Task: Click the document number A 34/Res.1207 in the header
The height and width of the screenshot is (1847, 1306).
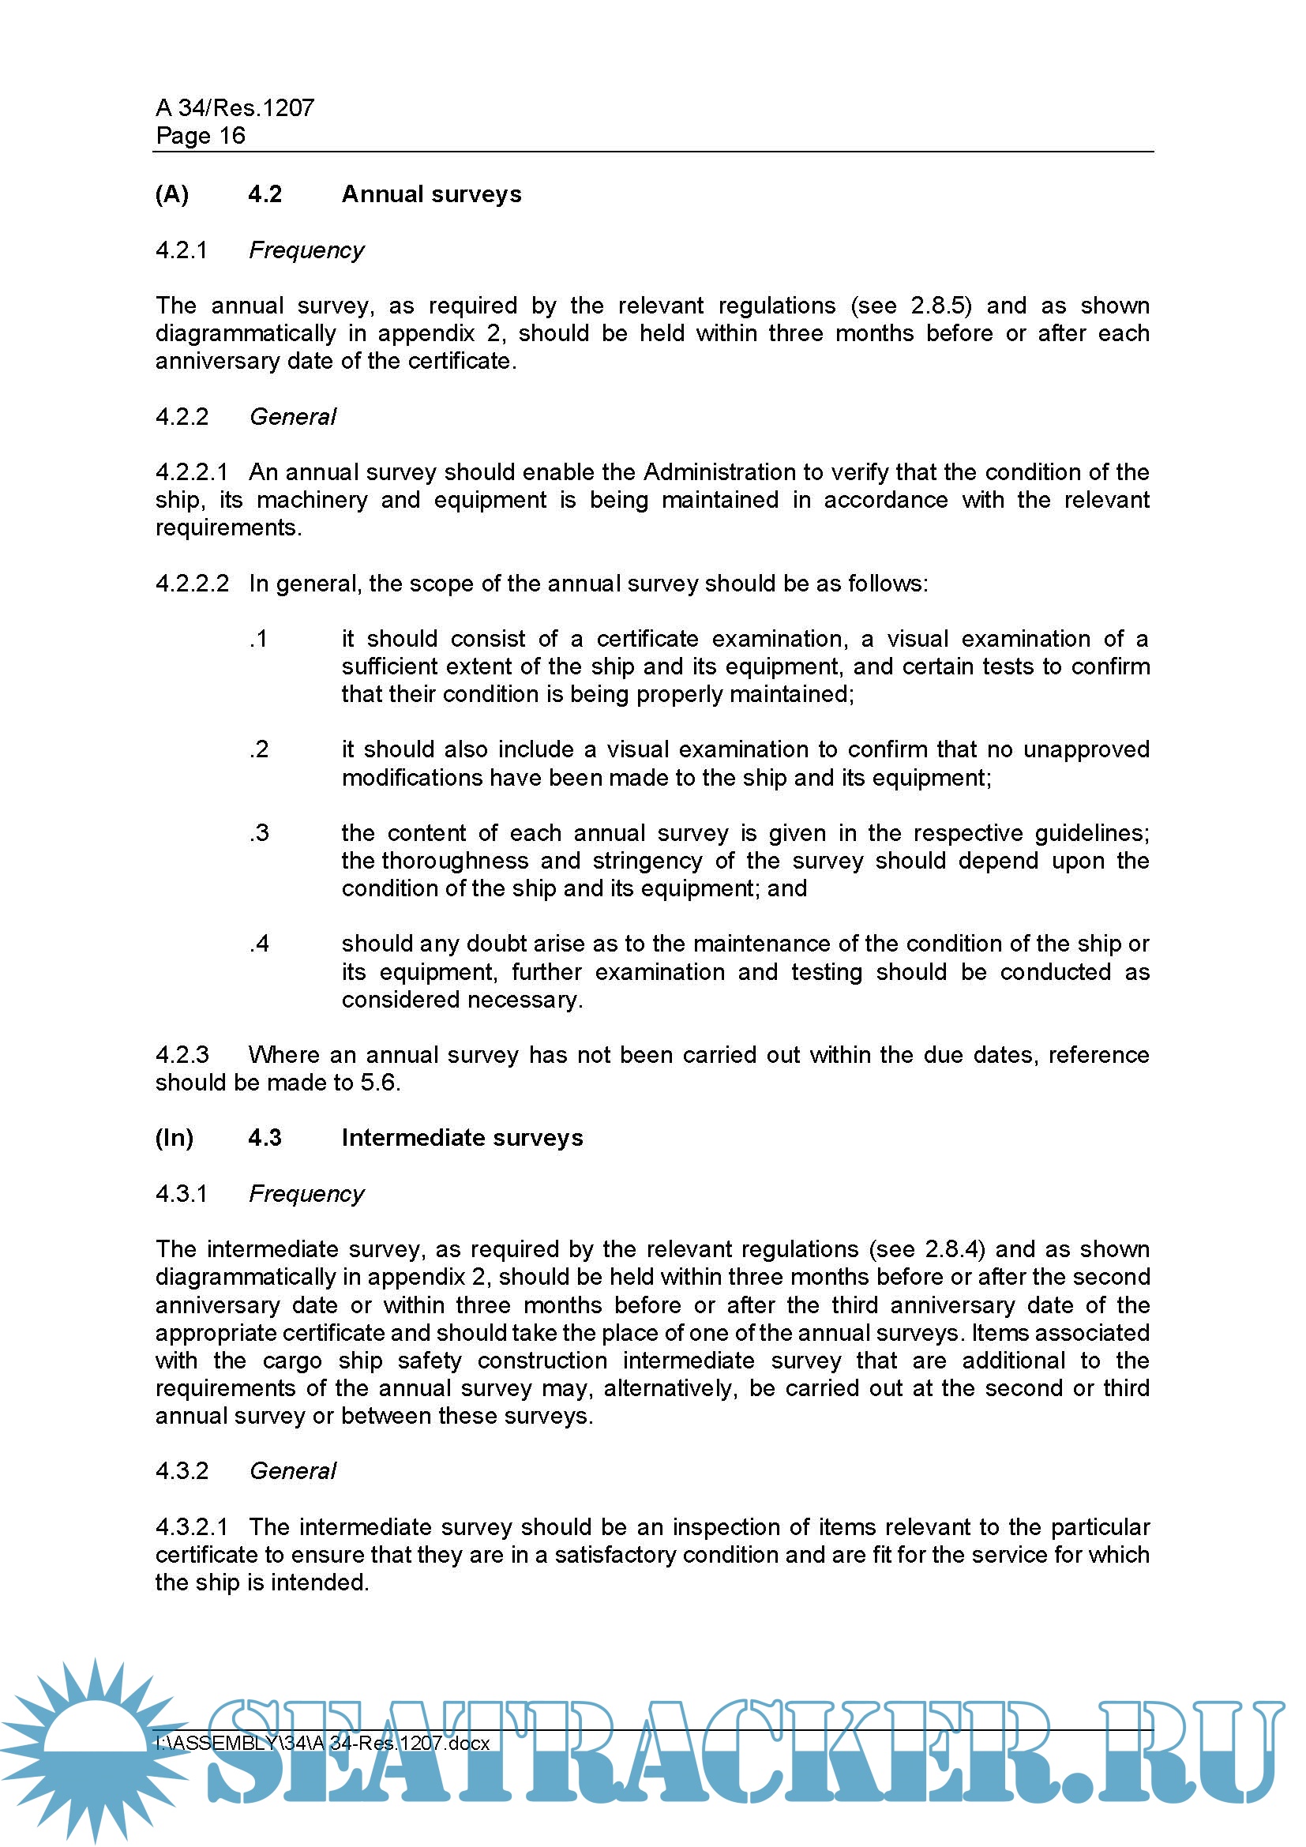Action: pyautogui.click(x=235, y=108)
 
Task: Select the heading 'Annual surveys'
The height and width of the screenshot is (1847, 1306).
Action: pyautogui.click(x=431, y=195)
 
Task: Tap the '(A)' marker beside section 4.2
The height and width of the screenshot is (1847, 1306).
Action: pyautogui.click(x=172, y=195)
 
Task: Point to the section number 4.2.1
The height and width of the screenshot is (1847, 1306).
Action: pyautogui.click(x=182, y=250)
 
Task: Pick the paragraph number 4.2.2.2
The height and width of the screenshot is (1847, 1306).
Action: pyautogui.click(x=192, y=584)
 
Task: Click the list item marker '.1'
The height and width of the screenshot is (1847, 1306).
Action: pyautogui.click(x=258, y=639)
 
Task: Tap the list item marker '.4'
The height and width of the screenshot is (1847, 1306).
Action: pyautogui.click(x=259, y=944)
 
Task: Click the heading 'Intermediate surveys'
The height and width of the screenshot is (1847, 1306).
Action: pyautogui.click(x=463, y=1139)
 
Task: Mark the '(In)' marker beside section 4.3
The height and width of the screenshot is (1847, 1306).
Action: pyautogui.click(x=175, y=1139)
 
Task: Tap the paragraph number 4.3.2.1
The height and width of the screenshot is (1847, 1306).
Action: pyautogui.click(x=192, y=1527)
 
